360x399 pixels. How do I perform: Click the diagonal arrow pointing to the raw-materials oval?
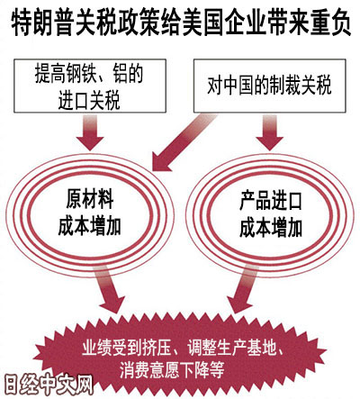[183, 141]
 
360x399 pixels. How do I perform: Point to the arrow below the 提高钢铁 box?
[90, 132]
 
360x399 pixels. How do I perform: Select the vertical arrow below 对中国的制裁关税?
[270, 132]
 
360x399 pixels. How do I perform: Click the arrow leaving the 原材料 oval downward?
[109, 289]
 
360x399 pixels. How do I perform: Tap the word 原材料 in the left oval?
[90, 199]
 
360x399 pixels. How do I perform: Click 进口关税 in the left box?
[89, 101]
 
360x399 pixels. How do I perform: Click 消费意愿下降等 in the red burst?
[172, 370]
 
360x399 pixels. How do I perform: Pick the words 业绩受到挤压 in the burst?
[127, 348]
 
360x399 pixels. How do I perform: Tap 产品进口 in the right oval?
[271, 201]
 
